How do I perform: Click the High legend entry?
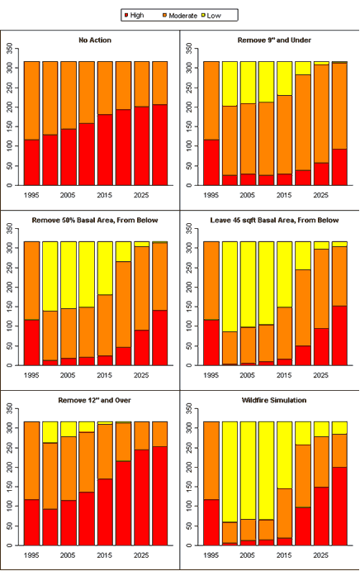pos(135,16)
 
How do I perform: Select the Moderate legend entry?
pos(180,16)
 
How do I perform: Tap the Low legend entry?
pos(211,16)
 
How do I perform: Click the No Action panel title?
pos(95,40)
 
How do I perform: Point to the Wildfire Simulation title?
pos(274,400)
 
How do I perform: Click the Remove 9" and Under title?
pos(274,40)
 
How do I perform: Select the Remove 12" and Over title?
pos(95,400)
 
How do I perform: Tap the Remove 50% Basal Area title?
pos(95,220)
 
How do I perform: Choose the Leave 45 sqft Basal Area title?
pos(274,220)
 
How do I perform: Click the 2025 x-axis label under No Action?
pos(141,195)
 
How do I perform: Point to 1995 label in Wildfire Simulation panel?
pos(211,555)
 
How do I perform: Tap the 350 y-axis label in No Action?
pos(9,49)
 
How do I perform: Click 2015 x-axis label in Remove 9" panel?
pos(284,195)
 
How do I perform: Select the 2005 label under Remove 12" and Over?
pos(68,555)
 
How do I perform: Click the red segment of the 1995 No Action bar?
pos(31,163)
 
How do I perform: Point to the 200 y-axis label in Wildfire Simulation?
pos(189,467)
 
